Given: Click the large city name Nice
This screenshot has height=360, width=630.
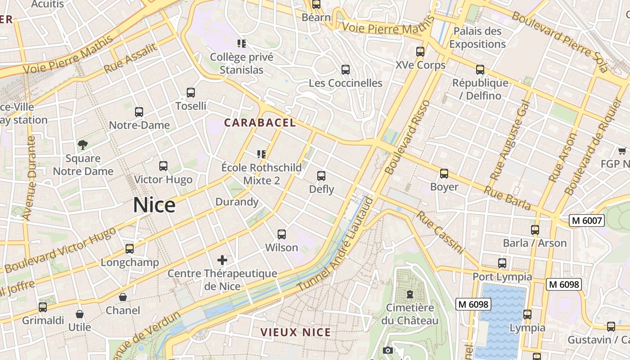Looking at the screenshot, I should click(154, 205).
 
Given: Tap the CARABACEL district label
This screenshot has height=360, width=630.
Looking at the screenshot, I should click(260, 123).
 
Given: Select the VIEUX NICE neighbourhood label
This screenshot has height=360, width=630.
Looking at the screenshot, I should click(296, 333).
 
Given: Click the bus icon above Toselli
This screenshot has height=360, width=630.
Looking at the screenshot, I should click(191, 93).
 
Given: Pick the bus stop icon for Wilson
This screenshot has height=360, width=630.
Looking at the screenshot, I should click(282, 234).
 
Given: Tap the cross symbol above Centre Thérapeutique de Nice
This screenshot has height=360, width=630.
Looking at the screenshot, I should click(222, 260).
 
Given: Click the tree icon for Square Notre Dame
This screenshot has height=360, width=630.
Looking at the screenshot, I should click(83, 145).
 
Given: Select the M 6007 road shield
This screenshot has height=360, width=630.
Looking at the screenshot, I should click(585, 220).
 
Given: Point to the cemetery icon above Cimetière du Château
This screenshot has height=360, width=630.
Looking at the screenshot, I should click(409, 294).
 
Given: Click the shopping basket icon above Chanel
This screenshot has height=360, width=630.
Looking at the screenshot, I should click(123, 297).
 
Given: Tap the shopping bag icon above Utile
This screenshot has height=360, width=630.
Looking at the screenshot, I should click(80, 314).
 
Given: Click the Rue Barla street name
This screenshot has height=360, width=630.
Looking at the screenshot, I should click(507, 198).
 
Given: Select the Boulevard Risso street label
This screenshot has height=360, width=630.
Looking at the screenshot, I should click(408, 138).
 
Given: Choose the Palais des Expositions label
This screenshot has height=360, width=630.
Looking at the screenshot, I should click(477, 38).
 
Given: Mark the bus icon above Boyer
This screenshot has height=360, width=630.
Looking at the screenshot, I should click(444, 174).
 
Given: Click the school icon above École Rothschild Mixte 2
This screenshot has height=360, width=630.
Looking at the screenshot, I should click(261, 154).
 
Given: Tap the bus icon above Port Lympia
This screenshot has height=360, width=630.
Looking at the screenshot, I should click(502, 263).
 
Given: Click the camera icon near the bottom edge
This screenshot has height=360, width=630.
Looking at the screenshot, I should click(387, 350).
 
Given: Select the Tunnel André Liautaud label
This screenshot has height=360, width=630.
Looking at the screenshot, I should click(336, 245).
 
